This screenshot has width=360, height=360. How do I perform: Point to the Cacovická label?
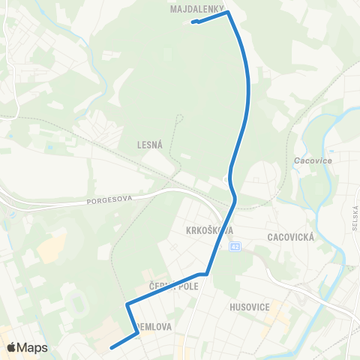(289, 237)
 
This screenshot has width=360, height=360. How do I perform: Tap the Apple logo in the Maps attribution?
(11, 347)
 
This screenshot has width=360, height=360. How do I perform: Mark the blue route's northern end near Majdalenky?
(194, 22)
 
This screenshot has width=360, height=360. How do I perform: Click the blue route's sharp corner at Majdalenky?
(227, 12)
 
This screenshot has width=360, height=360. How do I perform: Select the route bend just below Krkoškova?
(205, 274)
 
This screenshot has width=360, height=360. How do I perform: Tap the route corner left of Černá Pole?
(127, 304)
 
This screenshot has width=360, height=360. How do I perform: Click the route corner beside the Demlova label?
(137, 334)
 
